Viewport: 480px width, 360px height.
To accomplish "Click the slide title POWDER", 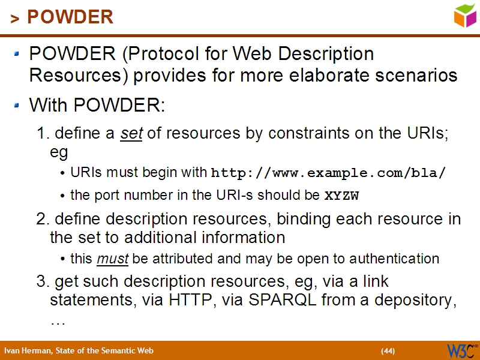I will (70, 17).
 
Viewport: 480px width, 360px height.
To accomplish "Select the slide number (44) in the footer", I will (388, 351).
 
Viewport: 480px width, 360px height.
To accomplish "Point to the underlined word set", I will (131, 134).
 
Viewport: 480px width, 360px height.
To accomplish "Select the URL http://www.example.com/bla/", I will (329, 173).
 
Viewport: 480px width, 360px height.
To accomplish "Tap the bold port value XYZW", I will (341, 195).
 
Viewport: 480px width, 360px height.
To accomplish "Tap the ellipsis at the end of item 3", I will (58, 321).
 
